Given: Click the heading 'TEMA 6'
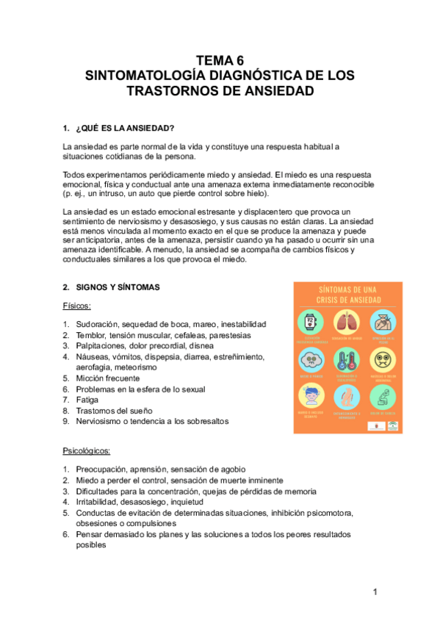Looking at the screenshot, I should (x=220, y=60).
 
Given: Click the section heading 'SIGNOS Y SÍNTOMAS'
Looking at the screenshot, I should (x=118, y=287).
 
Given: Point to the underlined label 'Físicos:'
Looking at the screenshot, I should (x=77, y=306).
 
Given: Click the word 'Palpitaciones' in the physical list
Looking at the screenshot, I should (x=104, y=345).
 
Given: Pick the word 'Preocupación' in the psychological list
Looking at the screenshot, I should (x=104, y=469).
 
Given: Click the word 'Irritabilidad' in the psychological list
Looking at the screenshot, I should (x=101, y=502).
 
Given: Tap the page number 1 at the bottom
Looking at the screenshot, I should (x=374, y=592).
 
